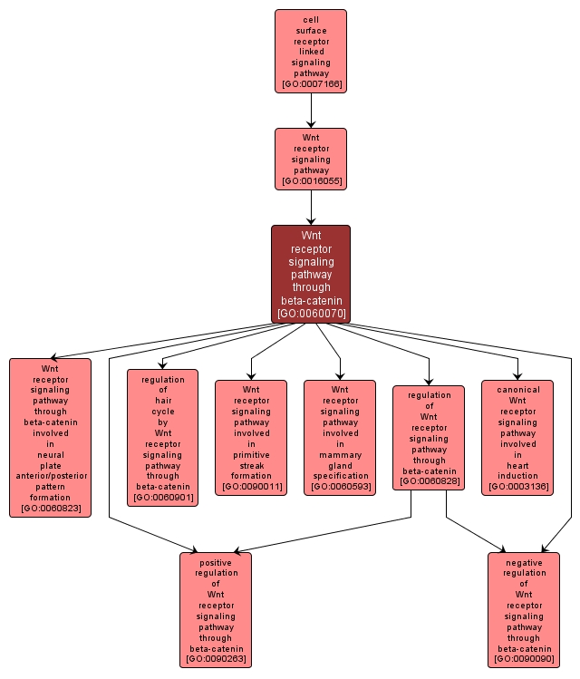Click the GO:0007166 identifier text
pyautogui.click(x=311, y=84)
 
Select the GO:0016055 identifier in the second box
pyautogui.click(x=311, y=181)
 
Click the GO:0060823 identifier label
pyautogui.click(x=51, y=509)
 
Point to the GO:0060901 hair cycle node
pyautogui.click(x=162, y=438)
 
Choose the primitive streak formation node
pyautogui.click(x=251, y=438)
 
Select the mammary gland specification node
pyautogui.click(x=340, y=438)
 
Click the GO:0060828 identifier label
pyautogui.click(x=429, y=481)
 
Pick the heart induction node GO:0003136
pyautogui.click(x=517, y=438)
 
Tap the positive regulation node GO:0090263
pyautogui.click(x=216, y=609)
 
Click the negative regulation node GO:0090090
pyautogui.click(x=524, y=609)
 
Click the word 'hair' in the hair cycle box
pyautogui.click(x=163, y=401)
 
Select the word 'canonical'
pyautogui.click(x=517, y=390)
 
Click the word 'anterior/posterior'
pyautogui.click(x=51, y=476)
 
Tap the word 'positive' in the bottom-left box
pyautogui.click(x=216, y=562)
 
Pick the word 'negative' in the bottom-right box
pyautogui.click(x=524, y=562)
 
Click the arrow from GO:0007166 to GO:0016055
pyautogui.click(x=311, y=111)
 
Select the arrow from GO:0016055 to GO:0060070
pyautogui.click(x=311, y=209)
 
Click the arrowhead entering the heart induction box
pyautogui.click(x=517, y=375)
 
